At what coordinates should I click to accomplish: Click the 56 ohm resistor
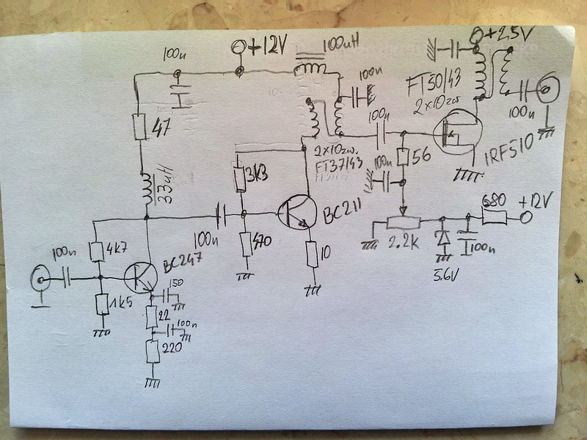click(x=402, y=157)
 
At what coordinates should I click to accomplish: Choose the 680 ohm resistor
click(x=495, y=216)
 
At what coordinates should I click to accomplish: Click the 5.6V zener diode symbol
click(x=442, y=238)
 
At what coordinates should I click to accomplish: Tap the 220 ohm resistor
click(x=153, y=352)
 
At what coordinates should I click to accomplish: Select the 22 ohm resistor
click(x=151, y=318)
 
